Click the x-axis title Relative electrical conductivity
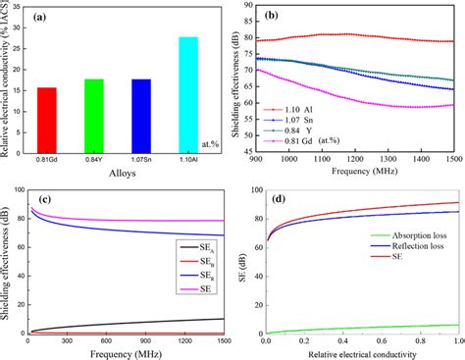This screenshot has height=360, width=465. point(363,352)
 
